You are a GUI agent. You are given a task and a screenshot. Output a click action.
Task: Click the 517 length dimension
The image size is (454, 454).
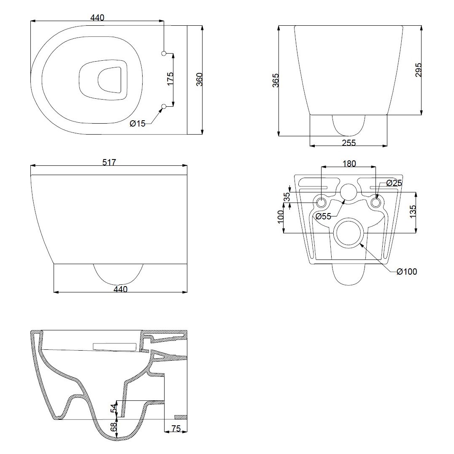[109, 162]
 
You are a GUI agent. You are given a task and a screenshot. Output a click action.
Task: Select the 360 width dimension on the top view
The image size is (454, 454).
[200, 80]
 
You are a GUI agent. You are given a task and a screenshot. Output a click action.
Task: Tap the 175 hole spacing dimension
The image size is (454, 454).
[170, 79]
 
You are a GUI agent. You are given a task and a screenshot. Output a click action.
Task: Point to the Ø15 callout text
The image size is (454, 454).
[138, 123]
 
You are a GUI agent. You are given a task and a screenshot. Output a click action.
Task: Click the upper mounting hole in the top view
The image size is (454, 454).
[164, 53]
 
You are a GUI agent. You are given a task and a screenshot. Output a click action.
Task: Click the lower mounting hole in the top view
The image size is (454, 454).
[164, 105]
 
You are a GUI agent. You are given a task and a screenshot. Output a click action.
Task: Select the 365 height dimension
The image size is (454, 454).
[276, 81]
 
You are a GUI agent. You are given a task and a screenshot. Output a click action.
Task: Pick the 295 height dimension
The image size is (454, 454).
[418, 70]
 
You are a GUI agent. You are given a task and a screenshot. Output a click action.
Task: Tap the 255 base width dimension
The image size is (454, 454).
[349, 143]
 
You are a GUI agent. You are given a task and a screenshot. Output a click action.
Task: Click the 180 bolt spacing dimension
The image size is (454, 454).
[349, 163]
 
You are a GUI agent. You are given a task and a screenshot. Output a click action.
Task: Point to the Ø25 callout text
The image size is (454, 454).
[395, 183]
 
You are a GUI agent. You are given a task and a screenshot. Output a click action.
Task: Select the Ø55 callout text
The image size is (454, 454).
[324, 216]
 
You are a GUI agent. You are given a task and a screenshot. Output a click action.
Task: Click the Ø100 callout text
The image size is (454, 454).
[407, 272]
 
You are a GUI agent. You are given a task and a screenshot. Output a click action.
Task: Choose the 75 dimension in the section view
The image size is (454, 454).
[176, 428]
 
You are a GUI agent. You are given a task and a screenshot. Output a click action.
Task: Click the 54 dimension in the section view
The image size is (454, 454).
[113, 408]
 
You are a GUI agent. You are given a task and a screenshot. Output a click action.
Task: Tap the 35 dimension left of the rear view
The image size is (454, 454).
[287, 197]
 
